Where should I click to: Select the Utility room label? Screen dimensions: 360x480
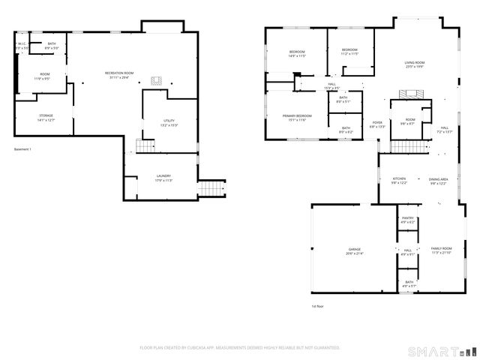(169, 122)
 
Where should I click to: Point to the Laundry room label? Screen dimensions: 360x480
(163, 178)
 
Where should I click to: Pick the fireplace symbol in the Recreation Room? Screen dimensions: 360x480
(157, 80)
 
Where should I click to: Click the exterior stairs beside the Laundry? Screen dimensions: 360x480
(210, 187)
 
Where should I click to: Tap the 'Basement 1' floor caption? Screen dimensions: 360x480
(22, 150)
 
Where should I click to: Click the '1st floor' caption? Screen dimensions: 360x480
(318, 306)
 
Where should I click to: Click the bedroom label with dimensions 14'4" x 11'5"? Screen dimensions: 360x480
(297, 53)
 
